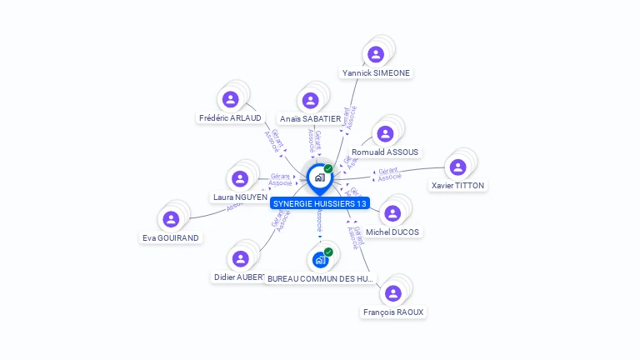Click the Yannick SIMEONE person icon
[x=376, y=55]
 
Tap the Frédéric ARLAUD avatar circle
[x=231, y=100]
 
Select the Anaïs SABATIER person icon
[x=311, y=101]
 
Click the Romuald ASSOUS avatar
[x=385, y=134]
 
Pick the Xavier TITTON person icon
[x=457, y=167]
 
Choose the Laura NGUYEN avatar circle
[x=240, y=178]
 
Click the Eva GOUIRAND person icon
[x=171, y=219]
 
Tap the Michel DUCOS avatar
[x=392, y=213]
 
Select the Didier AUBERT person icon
[x=240, y=258]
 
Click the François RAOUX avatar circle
[x=393, y=293]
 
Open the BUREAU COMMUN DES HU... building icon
[x=320, y=259]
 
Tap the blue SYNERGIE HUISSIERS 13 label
[x=319, y=203]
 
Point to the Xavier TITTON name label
[x=457, y=186]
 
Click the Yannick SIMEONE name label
[x=377, y=73]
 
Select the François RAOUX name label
[x=393, y=312]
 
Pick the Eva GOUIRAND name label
[x=171, y=237]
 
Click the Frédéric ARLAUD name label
[x=230, y=118]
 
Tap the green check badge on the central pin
[x=328, y=169]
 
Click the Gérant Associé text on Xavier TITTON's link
[x=390, y=173]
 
